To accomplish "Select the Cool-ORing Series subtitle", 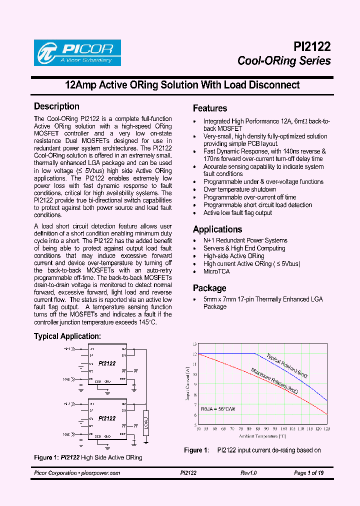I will pyautogui.click(x=284, y=61).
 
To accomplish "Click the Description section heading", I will pyautogui.click(x=56, y=106).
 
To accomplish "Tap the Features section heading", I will pyautogui.click(x=210, y=108).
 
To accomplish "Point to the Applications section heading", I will pyautogui.click(x=217, y=229).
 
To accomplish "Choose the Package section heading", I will pyautogui.click(x=209, y=288).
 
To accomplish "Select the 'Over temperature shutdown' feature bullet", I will pyautogui.click(x=239, y=189).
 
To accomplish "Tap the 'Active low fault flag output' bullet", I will pyautogui.click(x=237, y=212).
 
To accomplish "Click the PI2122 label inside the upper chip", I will pyautogui.click(x=107, y=363).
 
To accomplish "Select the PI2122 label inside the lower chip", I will pyautogui.click(x=107, y=418).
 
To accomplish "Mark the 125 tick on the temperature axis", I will pyautogui.click(x=326, y=429).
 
